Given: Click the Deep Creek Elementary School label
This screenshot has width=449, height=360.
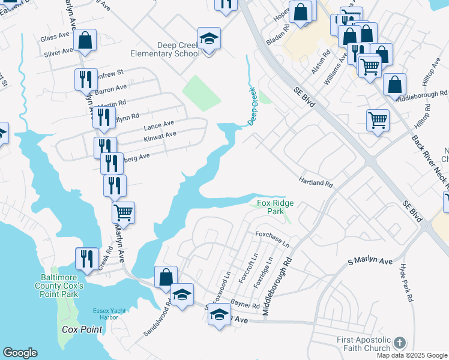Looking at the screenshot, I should (178, 49).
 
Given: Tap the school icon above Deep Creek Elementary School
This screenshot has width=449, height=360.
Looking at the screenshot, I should (209, 39).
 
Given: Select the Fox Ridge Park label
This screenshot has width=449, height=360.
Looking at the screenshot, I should (276, 208).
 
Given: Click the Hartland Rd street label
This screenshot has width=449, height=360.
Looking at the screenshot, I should (316, 181).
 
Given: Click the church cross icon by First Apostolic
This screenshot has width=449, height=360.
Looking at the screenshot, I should (400, 343).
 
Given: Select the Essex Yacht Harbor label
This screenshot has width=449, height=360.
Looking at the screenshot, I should (109, 313).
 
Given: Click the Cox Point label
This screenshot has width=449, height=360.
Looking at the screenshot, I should (82, 329).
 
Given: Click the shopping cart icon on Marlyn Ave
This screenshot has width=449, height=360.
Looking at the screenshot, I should (123, 212).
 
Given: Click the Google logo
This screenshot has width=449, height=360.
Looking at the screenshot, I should (20, 353).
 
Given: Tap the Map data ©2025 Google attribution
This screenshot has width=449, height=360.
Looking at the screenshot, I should (412, 355).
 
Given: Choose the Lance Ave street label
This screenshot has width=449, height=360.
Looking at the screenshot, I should (159, 125).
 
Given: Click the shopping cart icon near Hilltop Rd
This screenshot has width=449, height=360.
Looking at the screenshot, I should (378, 121).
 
